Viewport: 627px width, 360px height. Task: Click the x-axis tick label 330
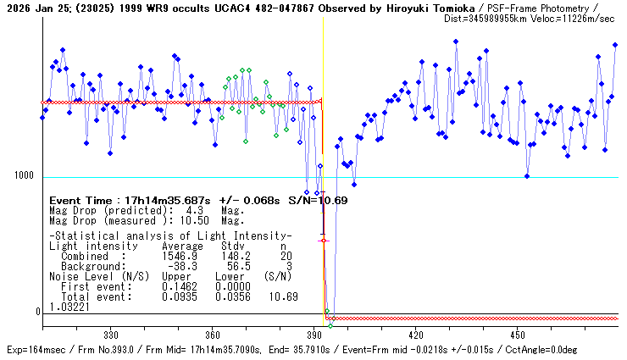[x=110, y=335]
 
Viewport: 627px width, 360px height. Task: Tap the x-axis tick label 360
[x=213, y=335]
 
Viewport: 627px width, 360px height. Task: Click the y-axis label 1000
[x=24, y=176]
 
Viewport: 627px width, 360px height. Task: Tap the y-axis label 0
[x=38, y=312]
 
